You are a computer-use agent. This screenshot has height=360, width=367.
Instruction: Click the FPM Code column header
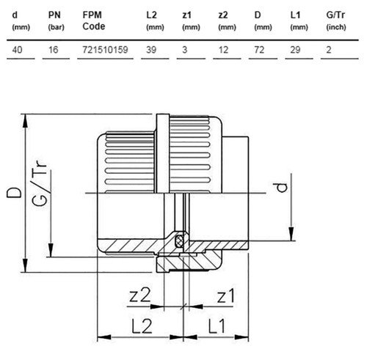pos(94,21)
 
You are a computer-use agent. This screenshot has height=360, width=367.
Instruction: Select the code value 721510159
pos(105,50)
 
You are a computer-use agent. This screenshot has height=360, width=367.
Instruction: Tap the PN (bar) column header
pos(56,21)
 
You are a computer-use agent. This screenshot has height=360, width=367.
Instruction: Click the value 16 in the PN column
pos(53,50)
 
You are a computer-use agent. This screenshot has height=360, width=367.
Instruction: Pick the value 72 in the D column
pos(259,50)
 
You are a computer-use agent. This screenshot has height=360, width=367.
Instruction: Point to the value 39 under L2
pos(151,50)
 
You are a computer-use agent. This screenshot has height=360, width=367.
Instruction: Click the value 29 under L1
pos(295,50)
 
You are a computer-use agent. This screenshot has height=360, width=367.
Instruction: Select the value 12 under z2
pos(223,50)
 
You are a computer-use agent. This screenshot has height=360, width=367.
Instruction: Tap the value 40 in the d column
pos(17,50)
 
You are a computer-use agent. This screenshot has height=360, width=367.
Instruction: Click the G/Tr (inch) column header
pos(336,21)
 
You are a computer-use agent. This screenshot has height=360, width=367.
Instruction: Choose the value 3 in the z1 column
pos(185,50)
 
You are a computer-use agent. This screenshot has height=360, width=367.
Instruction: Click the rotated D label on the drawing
pos(14,193)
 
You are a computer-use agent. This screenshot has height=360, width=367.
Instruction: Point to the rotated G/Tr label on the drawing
pos(39,183)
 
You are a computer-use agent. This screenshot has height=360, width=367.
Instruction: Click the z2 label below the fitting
pos(139,295)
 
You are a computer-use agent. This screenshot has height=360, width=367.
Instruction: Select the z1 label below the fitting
pos(225,295)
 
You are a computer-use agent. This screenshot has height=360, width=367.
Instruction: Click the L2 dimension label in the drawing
pos(142,326)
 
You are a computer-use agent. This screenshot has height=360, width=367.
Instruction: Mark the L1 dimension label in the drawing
pos(217,326)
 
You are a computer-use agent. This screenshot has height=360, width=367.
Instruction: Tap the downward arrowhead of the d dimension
pos(291,234)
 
